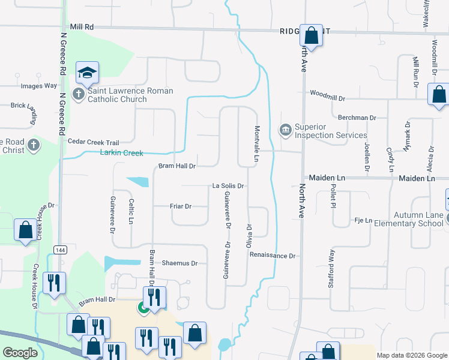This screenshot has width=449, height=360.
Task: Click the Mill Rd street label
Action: [x=82, y=27]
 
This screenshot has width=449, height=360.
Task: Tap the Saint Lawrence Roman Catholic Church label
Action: [x=130, y=95]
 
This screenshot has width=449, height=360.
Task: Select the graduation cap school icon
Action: [x=88, y=73]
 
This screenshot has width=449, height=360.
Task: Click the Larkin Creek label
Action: [x=121, y=154]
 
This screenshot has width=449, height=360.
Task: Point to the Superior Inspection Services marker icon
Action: [x=285, y=129]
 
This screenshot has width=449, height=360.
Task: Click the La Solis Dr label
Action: [x=228, y=186]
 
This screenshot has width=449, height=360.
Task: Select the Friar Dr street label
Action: [x=180, y=206]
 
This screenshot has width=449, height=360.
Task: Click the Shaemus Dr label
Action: [x=179, y=263]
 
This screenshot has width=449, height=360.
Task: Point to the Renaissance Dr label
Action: [x=273, y=256]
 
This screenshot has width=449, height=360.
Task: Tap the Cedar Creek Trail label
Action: [x=93, y=142]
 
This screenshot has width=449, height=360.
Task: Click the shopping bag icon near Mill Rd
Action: [x=312, y=35]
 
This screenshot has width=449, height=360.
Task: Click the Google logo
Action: [x=20, y=353]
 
